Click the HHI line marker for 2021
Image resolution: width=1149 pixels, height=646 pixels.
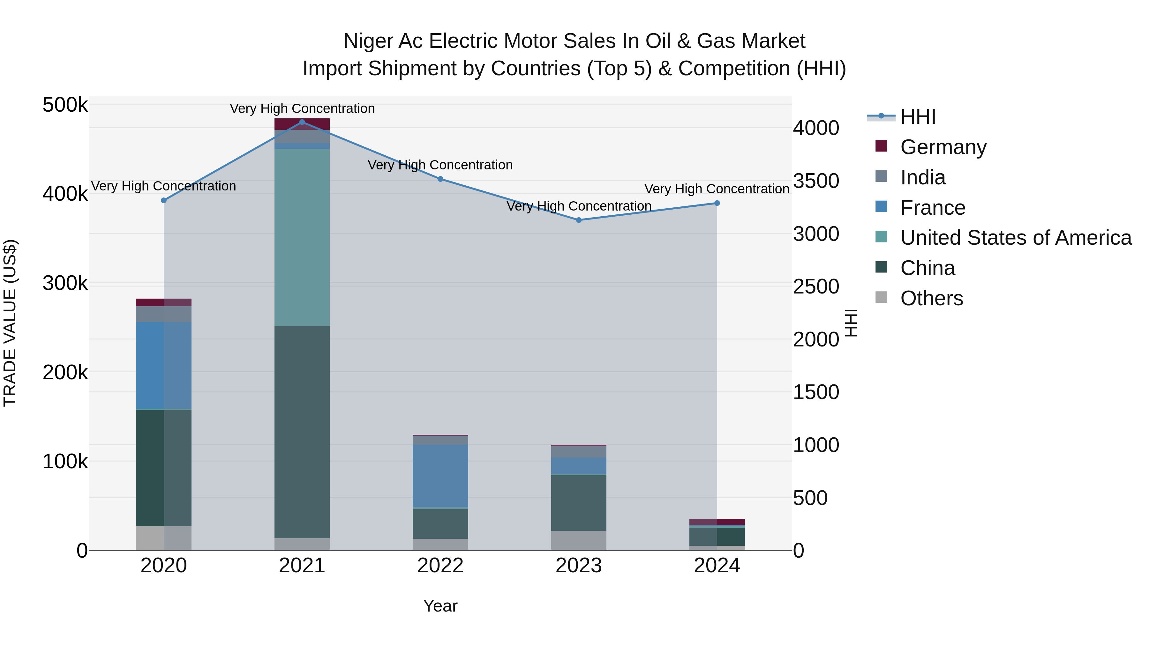[302, 122]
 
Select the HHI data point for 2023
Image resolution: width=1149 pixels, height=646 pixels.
[579, 220]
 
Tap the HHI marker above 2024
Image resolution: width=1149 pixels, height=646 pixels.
[717, 203]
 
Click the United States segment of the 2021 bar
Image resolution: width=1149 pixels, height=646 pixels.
[302, 237]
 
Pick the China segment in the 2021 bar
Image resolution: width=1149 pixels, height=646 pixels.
[302, 432]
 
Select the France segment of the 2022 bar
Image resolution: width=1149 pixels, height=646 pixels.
[440, 476]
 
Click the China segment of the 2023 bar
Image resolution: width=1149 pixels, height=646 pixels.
[579, 502]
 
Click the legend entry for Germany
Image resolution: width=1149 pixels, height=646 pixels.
[943, 147]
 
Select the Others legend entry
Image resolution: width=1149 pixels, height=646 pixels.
[931, 298]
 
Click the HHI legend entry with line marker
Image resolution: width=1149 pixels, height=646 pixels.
[918, 117]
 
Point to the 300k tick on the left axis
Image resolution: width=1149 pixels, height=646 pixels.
[65, 283]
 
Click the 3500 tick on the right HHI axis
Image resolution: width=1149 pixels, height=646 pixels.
[816, 181]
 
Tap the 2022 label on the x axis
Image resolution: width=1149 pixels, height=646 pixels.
[440, 566]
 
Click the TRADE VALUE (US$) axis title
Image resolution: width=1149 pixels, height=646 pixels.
[10, 323]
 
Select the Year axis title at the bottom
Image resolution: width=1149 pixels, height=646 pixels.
[440, 606]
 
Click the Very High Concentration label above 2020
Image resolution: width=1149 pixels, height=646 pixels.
[163, 186]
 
